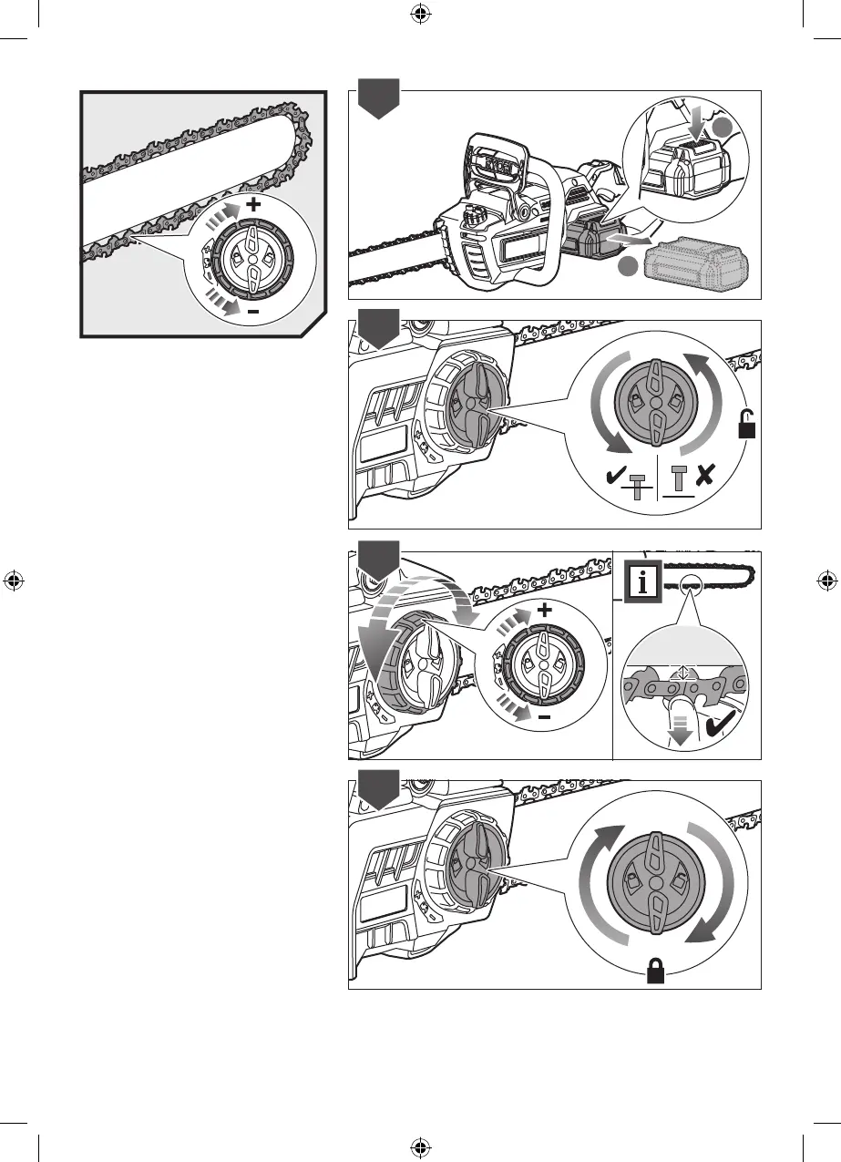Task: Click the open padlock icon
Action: pyautogui.click(x=747, y=424)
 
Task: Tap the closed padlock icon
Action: pyautogui.click(x=655, y=974)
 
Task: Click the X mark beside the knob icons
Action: pyautogui.click(x=703, y=476)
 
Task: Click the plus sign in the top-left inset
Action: pyautogui.click(x=252, y=205)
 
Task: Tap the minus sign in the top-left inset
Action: pyautogui.click(x=252, y=312)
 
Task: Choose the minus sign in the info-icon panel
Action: pyautogui.click(x=544, y=717)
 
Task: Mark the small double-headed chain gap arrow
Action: pyautogui.click(x=677, y=673)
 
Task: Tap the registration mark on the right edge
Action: pyautogui.click(x=827, y=581)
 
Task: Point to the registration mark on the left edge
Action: pyautogui.click(x=13, y=581)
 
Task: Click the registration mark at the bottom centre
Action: pyautogui.click(x=420, y=1147)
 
